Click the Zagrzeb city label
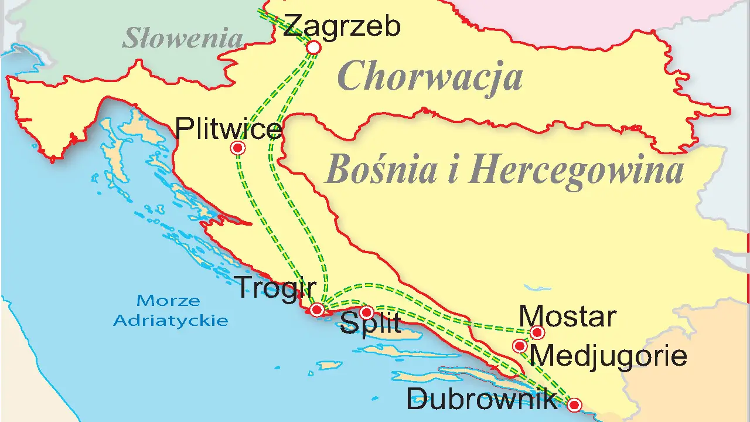point(342,27)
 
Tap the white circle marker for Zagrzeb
point(314,47)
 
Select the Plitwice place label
point(229,128)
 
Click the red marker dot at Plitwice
point(238,148)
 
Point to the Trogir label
point(275,288)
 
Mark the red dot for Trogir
point(316,309)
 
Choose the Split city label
point(370,324)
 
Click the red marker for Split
point(366,312)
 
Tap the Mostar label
point(567,317)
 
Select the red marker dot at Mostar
point(537,333)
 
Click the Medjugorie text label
point(608,356)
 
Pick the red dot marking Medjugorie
point(520,346)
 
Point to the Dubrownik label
point(482,400)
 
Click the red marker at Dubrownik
point(574,404)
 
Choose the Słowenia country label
point(182,39)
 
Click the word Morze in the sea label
point(168,301)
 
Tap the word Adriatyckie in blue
point(171,321)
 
